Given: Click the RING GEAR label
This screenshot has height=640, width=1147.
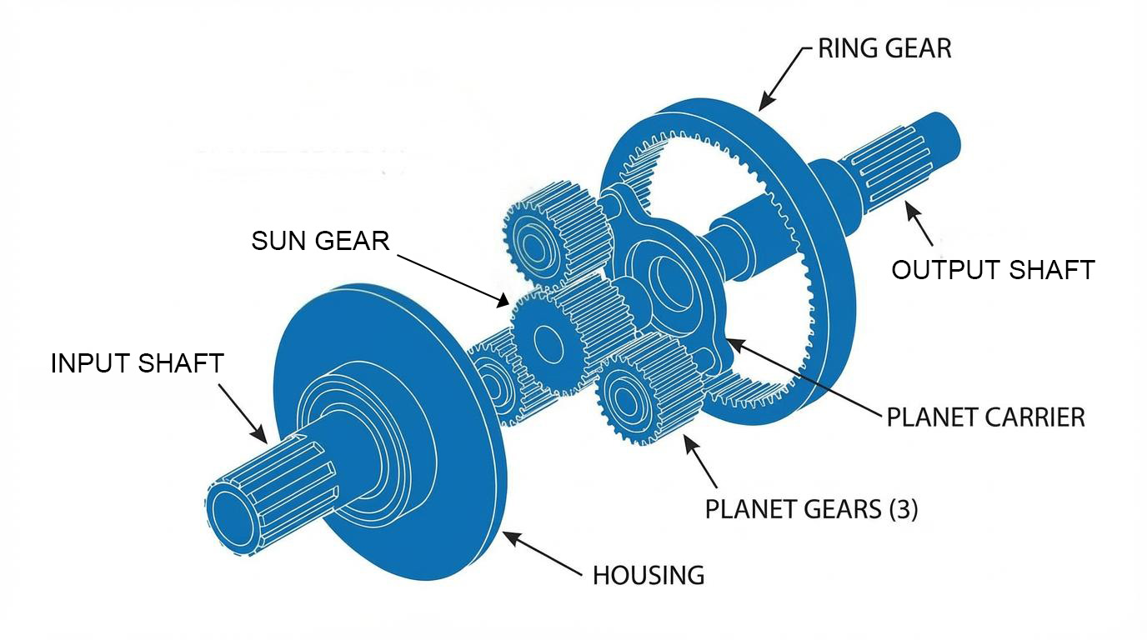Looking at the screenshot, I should [884, 48].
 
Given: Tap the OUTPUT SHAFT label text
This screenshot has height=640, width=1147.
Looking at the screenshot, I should [992, 270].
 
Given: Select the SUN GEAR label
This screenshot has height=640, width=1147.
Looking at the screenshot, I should [320, 241].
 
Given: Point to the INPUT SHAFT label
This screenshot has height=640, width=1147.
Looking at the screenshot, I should [138, 363].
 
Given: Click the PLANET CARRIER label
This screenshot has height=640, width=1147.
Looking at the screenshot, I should [985, 417].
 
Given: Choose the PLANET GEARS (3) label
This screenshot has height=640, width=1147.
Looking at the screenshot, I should [811, 508].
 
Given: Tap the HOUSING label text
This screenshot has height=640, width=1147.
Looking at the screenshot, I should [649, 575].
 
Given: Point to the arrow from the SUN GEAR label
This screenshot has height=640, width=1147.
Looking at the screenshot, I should [450, 277].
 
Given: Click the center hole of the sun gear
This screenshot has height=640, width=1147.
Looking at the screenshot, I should [546, 341].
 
